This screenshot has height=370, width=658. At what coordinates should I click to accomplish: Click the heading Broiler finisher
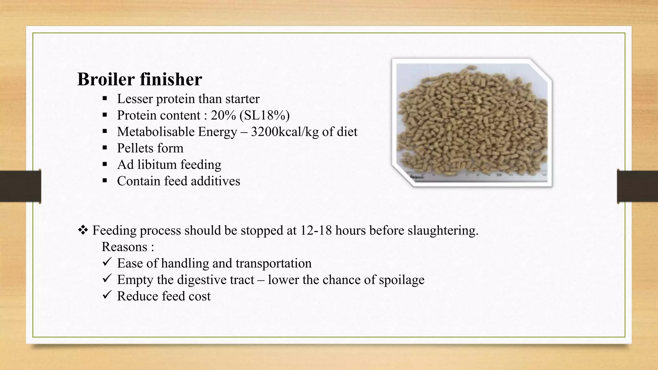(140, 79)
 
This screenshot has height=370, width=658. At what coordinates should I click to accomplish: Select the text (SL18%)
(264, 115)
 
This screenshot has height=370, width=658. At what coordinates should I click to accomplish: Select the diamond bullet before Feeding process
(83, 230)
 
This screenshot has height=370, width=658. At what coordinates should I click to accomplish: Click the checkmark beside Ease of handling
(107, 262)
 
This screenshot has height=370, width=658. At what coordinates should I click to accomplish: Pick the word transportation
(273, 263)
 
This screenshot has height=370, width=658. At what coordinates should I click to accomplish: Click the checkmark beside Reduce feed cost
(107, 295)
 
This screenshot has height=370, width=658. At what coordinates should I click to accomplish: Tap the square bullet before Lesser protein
(104, 98)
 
